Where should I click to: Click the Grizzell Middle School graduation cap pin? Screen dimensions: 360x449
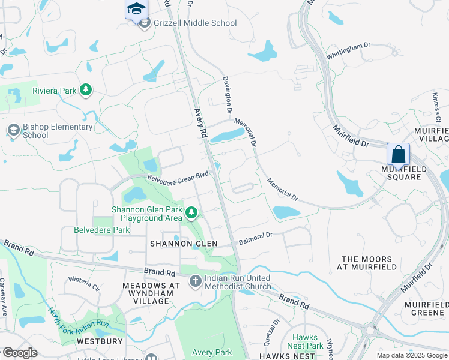coord(136,9)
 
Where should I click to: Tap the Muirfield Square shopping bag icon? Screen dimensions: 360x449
coord(399,154)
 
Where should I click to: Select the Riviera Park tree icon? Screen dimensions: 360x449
coord(86,91)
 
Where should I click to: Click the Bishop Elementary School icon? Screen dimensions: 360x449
coord(13,130)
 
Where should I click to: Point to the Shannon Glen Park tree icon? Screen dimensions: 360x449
coord(191,212)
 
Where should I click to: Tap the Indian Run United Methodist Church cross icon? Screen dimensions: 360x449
coord(196,281)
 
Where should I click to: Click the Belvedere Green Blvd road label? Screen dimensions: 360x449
coord(178,176)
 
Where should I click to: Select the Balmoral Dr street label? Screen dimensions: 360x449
coord(256,239)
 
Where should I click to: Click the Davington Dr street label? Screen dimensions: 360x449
coord(228,95)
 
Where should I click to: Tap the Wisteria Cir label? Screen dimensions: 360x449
coord(85,283)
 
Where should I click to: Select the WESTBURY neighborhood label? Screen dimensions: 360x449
coord(100,341)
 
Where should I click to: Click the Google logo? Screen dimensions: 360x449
coord(20,353)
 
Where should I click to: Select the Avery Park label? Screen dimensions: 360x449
coord(211,352)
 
